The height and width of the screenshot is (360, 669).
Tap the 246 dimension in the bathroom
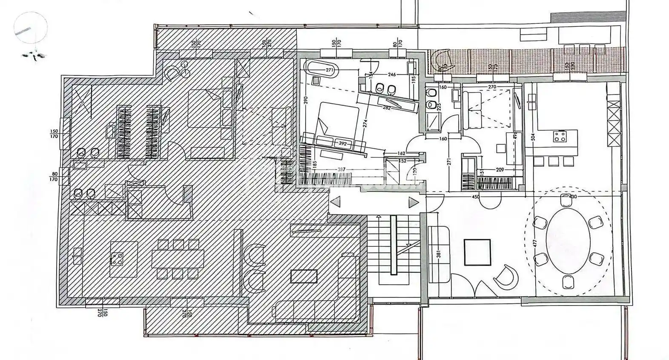coord(390,74)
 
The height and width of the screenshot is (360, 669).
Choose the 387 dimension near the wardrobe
coord(341,170)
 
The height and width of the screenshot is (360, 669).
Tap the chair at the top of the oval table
coord(566,200)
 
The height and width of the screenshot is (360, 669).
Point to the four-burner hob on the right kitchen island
coord(560,136)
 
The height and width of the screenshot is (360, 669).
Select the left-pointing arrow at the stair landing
coord(335,202)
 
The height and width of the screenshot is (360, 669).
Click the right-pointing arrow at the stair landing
coord(413,203)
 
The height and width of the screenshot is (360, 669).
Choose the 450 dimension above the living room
coord(476,197)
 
